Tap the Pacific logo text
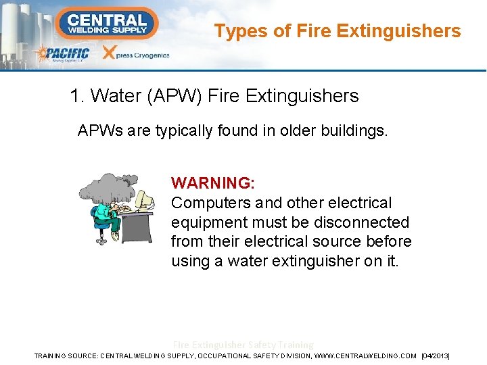(64, 53)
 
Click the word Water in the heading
(114, 96)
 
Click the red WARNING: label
(213, 183)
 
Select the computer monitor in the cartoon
(144, 199)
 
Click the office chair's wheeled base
(101, 239)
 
